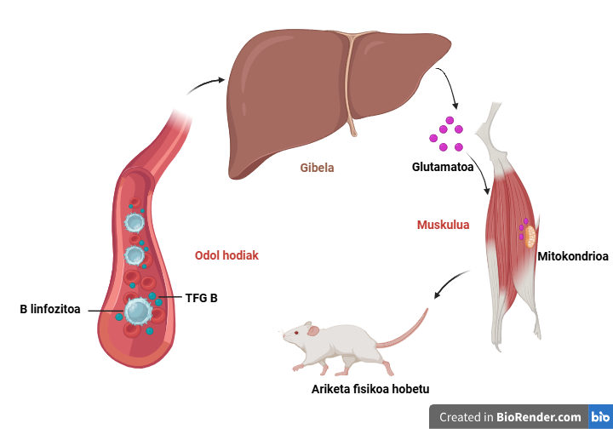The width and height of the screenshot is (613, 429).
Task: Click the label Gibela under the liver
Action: click(x=317, y=168)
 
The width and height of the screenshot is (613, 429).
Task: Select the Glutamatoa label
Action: click(x=443, y=167)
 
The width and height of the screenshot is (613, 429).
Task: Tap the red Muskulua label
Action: click(x=443, y=225)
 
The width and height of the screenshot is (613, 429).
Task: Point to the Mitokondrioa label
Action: click(x=573, y=256)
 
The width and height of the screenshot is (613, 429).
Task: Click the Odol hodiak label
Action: click(x=226, y=255)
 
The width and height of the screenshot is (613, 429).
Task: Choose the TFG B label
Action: click(x=201, y=298)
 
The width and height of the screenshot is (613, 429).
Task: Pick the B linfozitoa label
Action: click(x=50, y=309)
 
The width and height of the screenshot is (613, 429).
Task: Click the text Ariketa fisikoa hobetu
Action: click(x=370, y=389)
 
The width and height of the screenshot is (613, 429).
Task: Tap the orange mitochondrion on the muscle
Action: click(x=530, y=237)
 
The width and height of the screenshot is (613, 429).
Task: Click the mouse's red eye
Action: click(x=296, y=333)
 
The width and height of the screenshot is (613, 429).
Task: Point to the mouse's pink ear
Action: click(x=313, y=331)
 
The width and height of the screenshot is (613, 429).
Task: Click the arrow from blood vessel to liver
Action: click(x=205, y=85)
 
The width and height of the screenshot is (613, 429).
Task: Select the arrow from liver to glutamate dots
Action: click(x=450, y=84)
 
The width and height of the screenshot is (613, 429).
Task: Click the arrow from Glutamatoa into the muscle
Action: click(x=480, y=171)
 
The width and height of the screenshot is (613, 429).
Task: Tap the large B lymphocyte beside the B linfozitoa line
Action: click(x=139, y=311)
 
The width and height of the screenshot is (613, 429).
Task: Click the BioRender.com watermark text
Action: click(x=538, y=417)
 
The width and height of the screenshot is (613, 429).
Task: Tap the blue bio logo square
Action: click(x=600, y=416)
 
